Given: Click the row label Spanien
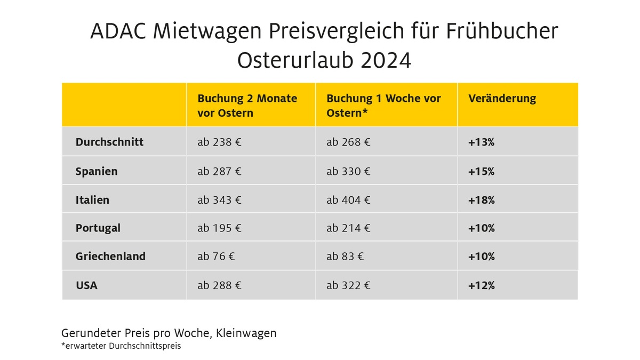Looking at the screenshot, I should click(97, 171).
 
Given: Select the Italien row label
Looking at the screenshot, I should click(92, 200).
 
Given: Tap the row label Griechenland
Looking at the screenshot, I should click(110, 257).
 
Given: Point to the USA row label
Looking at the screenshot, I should click(86, 285).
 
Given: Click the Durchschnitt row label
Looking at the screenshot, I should click(109, 142).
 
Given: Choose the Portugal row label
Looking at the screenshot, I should click(98, 228).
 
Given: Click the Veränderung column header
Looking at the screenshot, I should click(502, 99).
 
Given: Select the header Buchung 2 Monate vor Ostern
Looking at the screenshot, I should click(247, 106).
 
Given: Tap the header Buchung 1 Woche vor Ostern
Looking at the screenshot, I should click(383, 106).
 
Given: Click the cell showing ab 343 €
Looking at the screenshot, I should click(219, 200).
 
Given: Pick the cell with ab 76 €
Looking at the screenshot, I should click(216, 257).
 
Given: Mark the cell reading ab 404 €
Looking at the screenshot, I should click(348, 200).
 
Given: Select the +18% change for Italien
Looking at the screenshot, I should click(481, 200).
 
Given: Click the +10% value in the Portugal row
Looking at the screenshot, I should click(481, 228).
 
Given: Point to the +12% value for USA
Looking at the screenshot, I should click(481, 285).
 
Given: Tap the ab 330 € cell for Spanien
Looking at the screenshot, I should click(348, 171).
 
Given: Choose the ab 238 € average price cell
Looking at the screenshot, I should click(219, 142).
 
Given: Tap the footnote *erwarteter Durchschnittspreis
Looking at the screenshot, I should click(121, 346).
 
